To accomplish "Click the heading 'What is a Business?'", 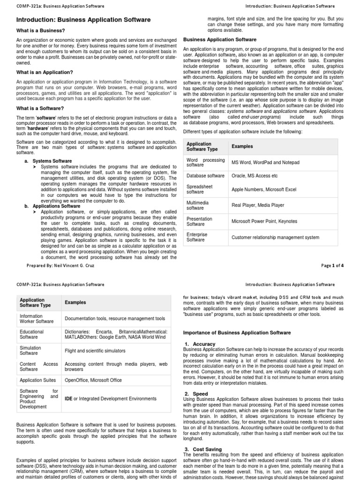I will tap(41, 31).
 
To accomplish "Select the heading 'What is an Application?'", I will tap(45, 72).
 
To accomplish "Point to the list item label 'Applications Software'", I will tap(57, 206).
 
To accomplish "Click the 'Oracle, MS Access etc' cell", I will tap(255, 176).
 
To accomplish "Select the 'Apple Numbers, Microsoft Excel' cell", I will tap(264, 189).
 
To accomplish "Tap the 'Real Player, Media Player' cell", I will tap(258, 205).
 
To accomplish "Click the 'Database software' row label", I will tap(205, 176).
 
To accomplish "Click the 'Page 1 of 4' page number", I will tap(332, 265).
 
